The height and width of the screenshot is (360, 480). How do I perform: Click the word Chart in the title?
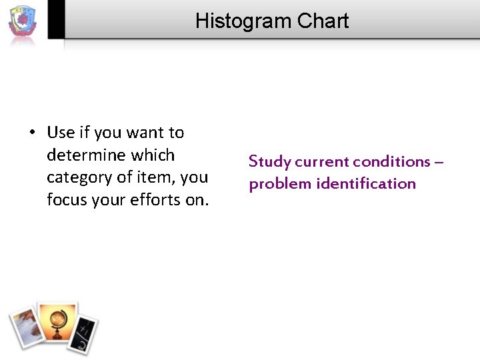tap(323, 21)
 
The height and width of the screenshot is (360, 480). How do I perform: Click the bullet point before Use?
tap(32, 133)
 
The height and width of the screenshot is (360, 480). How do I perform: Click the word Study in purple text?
tap(270, 162)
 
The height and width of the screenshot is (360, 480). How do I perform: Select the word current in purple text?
tap(322, 162)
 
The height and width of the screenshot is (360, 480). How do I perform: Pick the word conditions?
tap(391, 162)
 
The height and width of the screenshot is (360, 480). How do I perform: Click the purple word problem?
tap(280, 184)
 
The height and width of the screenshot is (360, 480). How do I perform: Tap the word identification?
tap(366, 184)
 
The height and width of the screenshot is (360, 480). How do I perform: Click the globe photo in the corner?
tap(57, 323)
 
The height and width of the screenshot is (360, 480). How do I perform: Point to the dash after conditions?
tap(439, 162)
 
